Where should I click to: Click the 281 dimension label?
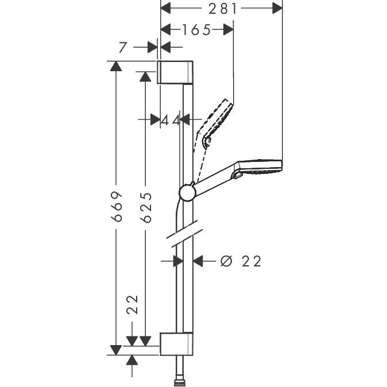[223, 9]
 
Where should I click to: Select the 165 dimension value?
[196, 30]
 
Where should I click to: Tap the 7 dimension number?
[122, 48]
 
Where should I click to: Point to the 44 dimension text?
[171, 121]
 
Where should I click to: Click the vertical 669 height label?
[117, 206]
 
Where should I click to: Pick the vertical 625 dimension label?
[146, 207]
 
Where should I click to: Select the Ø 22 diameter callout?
[241, 261]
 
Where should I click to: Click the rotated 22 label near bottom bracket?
[132, 304]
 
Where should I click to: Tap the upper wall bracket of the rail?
[175, 72]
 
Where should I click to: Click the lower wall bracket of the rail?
[176, 344]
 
